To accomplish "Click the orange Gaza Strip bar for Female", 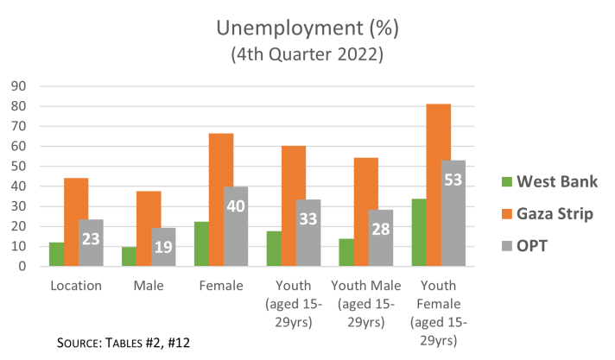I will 221,199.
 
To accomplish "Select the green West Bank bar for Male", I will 128,256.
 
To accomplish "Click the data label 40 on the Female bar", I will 237,207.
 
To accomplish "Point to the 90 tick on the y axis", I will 18,85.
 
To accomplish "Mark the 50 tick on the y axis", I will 18,166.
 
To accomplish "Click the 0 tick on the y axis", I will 22,267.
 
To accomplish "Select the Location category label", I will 76,284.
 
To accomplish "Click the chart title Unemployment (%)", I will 307,28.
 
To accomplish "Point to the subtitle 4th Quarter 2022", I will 307,54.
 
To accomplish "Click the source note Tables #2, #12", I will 123,342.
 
